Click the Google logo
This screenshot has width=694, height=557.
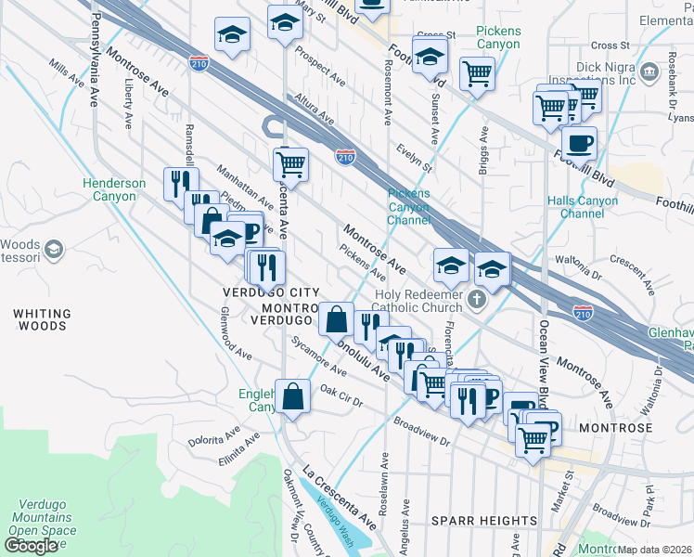click(31, 546)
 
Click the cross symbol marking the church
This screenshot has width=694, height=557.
click(477, 298)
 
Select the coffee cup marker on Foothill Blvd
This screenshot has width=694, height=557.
click(579, 143)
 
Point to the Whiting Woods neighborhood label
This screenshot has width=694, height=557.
click(40, 320)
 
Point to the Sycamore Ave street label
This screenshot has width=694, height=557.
click(318, 356)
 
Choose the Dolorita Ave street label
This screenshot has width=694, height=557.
click(213, 434)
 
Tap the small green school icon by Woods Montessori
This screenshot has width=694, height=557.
click(54, 249)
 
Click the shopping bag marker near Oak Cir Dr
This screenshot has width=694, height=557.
click(293, 396)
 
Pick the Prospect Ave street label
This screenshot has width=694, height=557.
click(320, 68)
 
